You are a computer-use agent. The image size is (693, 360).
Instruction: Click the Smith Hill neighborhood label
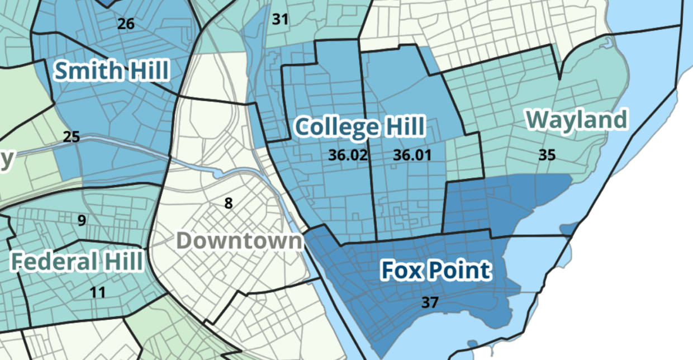coord(111,71)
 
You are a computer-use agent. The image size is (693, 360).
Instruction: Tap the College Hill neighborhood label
coord(359,126)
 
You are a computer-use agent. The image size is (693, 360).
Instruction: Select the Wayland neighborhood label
coord(577,120)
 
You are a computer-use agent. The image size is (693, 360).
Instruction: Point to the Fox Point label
coord(435,271)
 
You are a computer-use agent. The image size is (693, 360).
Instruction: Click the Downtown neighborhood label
coord(239,241)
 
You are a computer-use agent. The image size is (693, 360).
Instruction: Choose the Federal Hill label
coord(77,262)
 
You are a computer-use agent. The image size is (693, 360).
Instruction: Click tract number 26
coord(126,23)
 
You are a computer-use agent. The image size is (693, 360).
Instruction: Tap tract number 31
coord(280,20)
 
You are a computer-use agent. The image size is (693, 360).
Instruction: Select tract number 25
coord(72,136)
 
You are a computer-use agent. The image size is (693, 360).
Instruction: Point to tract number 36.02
coord(348,155)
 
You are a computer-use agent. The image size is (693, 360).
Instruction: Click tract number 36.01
coord(412,155)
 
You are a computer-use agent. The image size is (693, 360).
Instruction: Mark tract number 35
coord(547,155)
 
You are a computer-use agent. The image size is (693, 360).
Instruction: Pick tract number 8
coord(228,203)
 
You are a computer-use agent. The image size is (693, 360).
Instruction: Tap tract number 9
coord(82,221)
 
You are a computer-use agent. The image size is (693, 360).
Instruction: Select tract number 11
coord(97,292)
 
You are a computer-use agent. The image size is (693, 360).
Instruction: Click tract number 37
coord(429,303)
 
